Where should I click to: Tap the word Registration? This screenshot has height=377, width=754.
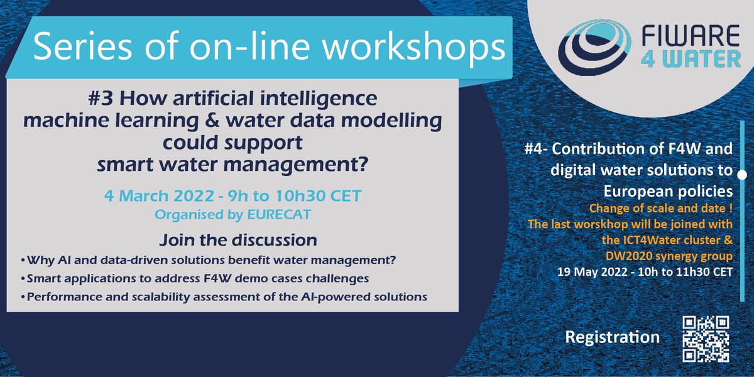612,337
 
